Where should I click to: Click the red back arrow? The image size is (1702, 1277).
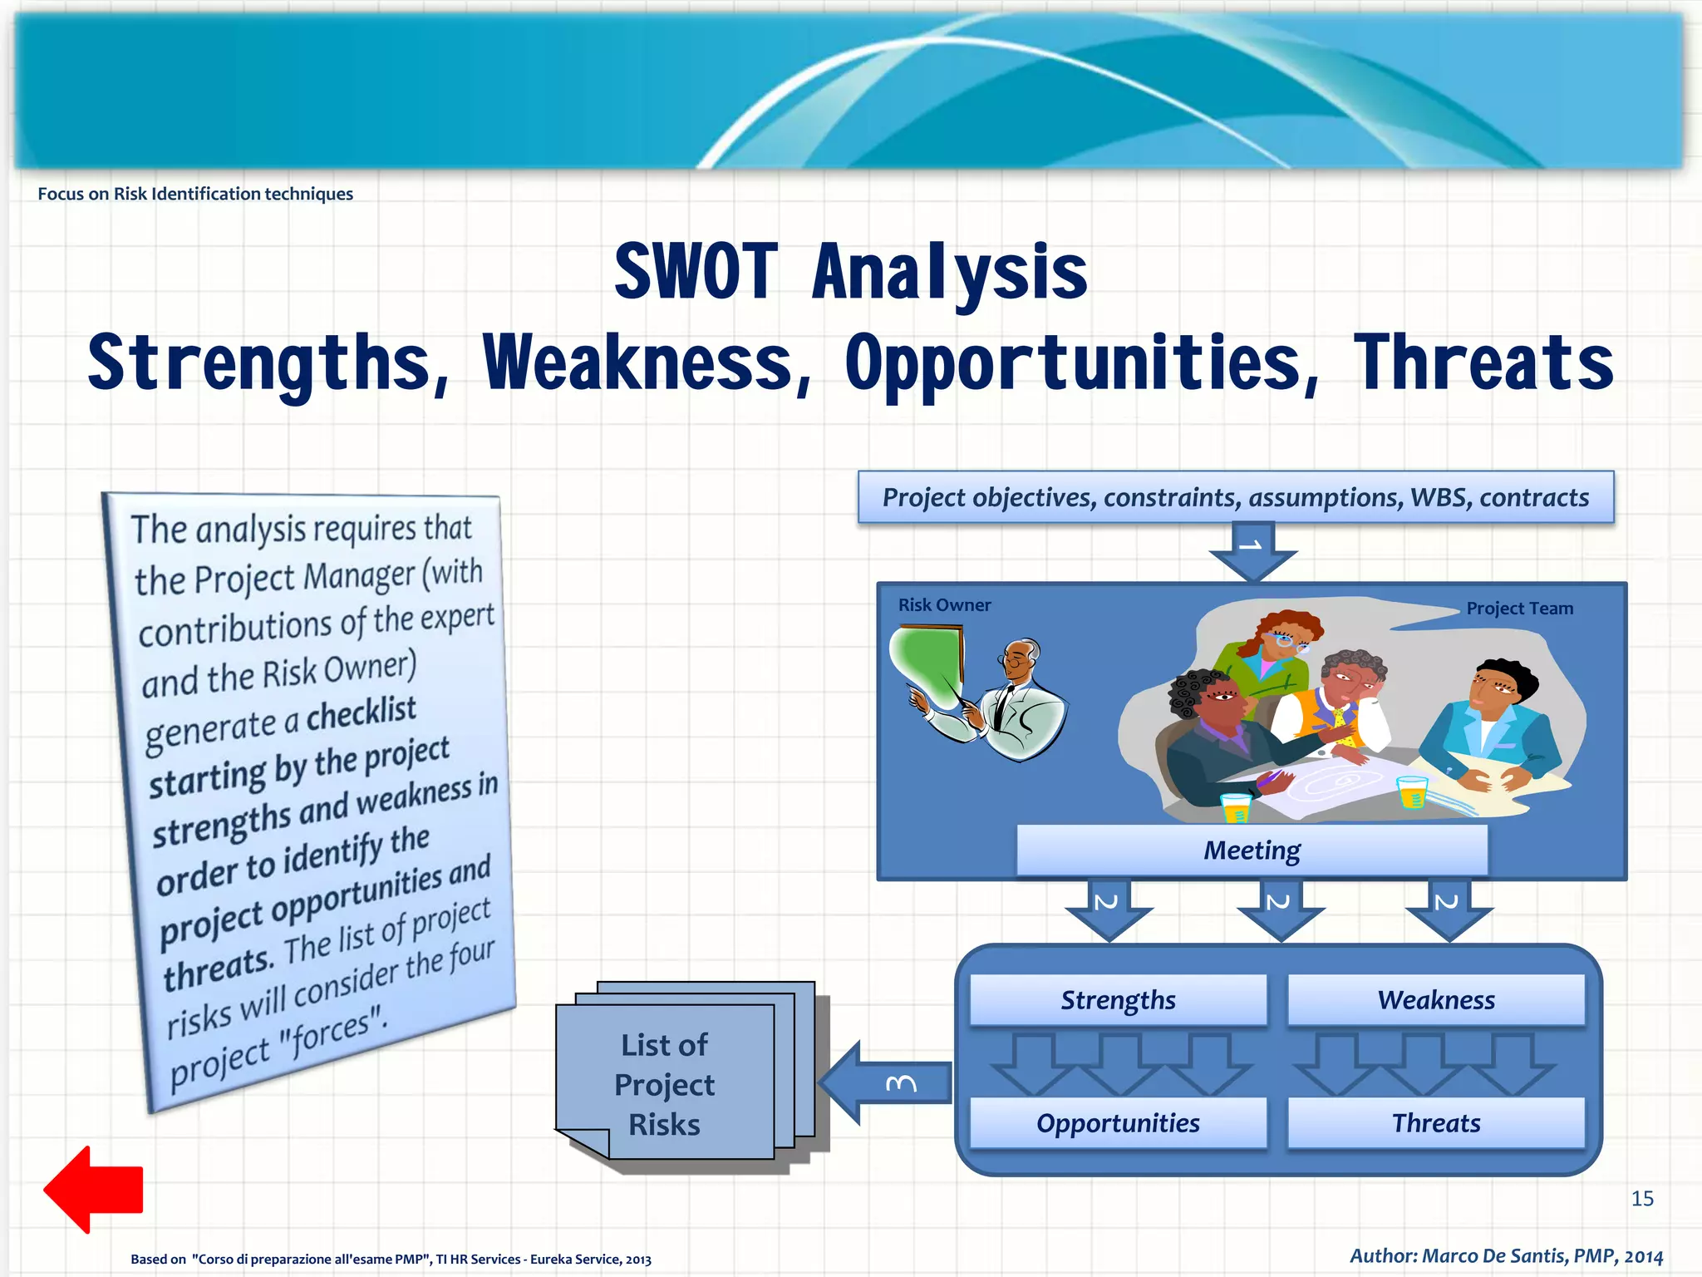tap(93, 1189)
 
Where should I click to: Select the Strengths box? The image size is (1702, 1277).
tap(1118, 1000)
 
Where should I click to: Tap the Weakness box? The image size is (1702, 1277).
tap(1436, 1000)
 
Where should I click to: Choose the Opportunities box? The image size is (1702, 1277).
tap(1118, 1123)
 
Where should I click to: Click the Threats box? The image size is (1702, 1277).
tap(1436, 1123)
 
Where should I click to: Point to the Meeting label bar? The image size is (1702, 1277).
tap(1252, 851)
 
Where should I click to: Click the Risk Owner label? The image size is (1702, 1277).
tap(944, 605)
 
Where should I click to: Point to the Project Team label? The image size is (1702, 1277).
tap(1519, 609)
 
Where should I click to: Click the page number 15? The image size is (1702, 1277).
tap(1642, 1198)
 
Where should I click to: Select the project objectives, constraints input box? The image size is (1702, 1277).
tap(1235, 497)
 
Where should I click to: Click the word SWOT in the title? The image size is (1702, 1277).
tap(696, 272)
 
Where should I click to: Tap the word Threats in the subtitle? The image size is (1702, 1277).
tap(1483, 363)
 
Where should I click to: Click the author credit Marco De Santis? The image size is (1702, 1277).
tap(1506, 1255)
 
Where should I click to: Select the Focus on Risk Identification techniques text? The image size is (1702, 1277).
tap(195, 194)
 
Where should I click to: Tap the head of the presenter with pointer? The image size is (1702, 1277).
tap(1019, 658)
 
